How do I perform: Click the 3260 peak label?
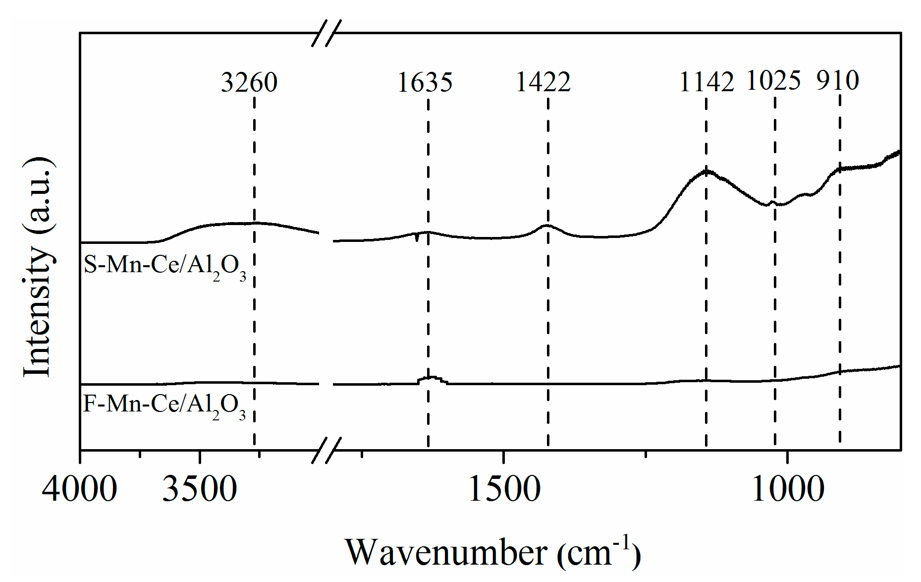[x=249, y=82]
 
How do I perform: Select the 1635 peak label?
[x=425, y=82]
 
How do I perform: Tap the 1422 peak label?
[x=543, y=82]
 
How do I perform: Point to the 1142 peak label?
[x=706, y=82]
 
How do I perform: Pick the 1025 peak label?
[x=773, y=80]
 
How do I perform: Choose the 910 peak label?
[x=838, y=80]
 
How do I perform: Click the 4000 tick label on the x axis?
[x=79, y=489]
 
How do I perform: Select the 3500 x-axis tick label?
[x=200, y=489]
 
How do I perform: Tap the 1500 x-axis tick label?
[x=504, y=489]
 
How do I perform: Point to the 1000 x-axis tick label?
[x=788, y=489]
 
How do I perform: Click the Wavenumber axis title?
[x=492, y=552]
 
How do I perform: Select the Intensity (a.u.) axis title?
[x=38, y=268]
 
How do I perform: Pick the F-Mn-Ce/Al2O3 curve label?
[x=164, y=406]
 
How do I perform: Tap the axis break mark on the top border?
[x=326, y=33]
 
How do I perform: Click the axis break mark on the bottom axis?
[x=326, y=450]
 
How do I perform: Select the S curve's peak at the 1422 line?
[x=547, y=226]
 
